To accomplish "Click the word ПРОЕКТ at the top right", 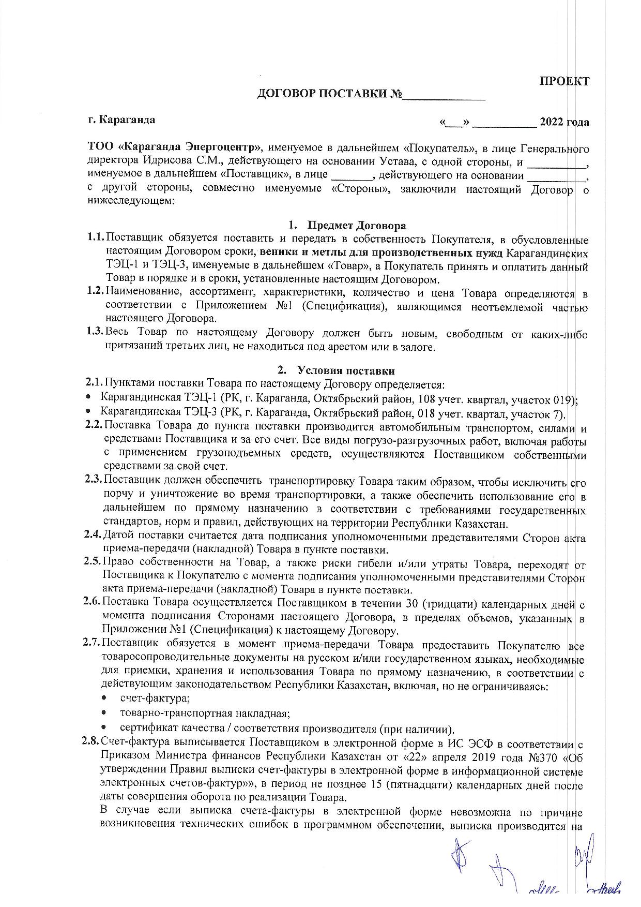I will [x=564, y=81].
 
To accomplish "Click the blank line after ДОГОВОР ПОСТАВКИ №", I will [x=444, y=95].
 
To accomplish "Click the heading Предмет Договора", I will [x=357, y=226].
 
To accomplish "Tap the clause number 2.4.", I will [x=94, y=534].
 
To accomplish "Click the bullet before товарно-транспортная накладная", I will [x=104, y=713].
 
